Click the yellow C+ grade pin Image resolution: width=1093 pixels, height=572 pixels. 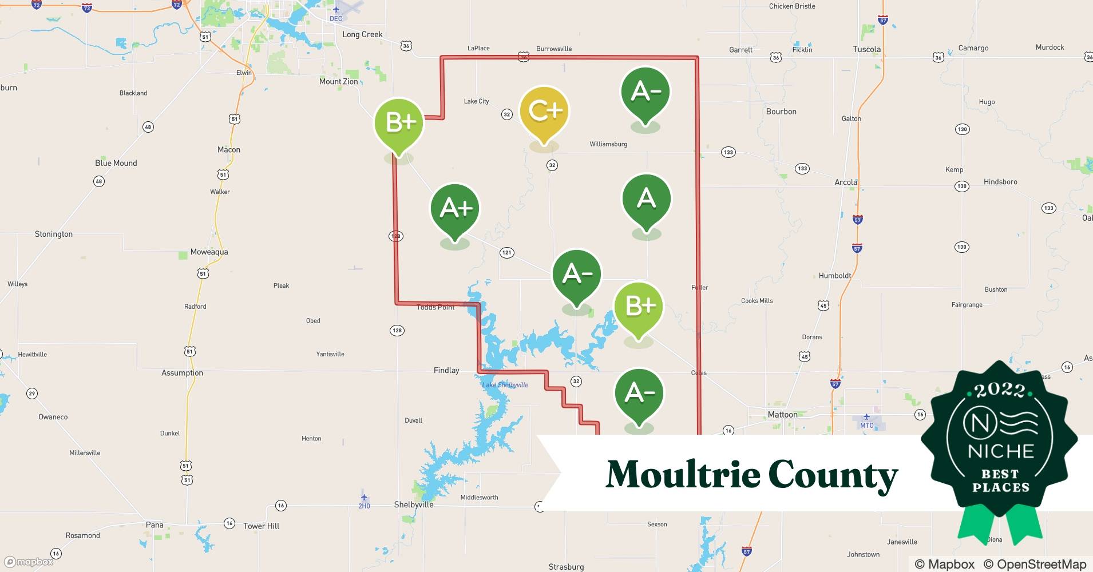coord(544,112)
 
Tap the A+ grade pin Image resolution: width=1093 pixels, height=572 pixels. coord(455,209)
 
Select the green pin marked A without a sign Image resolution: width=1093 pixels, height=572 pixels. coord(646,199)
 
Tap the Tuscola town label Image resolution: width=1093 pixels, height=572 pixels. coord(866,49)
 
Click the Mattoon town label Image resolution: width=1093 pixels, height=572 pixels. coord(782,415)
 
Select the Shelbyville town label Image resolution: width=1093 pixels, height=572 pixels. coord(414,505)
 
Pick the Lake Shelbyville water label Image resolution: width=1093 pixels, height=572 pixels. coord(505,385)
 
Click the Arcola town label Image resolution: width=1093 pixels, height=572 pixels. coord(846,182)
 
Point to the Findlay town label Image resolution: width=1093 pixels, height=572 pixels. coord(446,371)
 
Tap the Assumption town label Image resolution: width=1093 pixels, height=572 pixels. coord(182,373)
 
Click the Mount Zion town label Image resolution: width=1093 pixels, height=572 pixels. coord(338,82)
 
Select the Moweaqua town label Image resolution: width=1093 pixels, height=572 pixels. coord(209,252)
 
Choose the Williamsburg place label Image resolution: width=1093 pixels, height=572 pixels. coord(608,144)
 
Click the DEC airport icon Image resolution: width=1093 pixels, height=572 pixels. coord(336,10)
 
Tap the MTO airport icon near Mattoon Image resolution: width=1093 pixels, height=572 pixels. coord(866,417)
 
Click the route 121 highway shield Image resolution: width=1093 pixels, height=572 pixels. coord(506,252)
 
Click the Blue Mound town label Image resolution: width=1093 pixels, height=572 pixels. coord(116,163)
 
